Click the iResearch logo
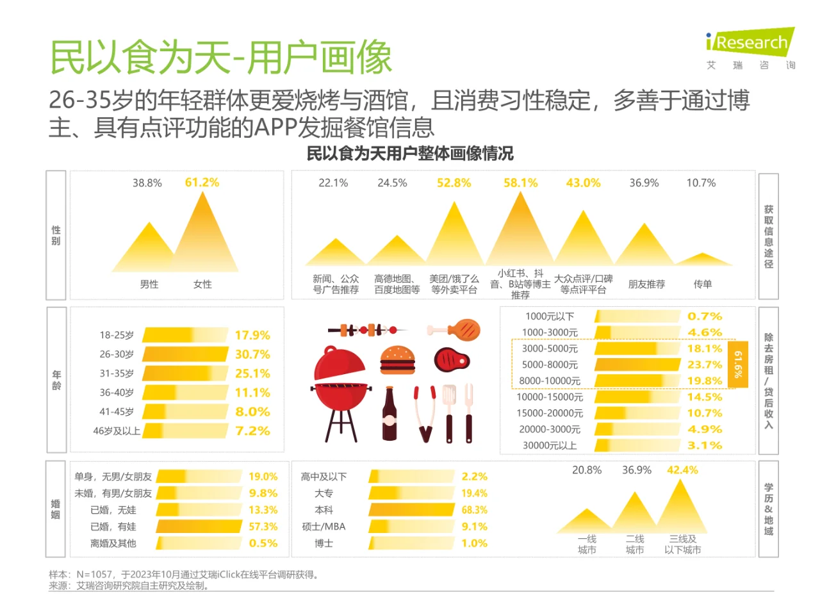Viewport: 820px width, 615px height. (750, 44)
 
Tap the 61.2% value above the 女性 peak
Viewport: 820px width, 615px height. (202, 183)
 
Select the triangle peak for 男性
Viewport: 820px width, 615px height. (149, 250)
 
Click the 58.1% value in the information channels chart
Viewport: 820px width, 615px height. (520, 183)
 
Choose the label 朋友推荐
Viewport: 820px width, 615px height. (646, 284)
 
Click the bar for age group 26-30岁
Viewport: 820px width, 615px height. (185, 354)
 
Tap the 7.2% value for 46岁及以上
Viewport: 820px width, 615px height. (252, 431)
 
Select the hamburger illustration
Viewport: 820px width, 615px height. (397, 360)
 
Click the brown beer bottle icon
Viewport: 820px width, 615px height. (389, 415)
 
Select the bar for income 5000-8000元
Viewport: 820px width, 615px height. (637, 365)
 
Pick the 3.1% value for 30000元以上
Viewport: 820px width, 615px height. (704, 445)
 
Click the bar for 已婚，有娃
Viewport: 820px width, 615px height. (199, 527)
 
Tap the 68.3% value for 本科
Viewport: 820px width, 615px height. (474, 510)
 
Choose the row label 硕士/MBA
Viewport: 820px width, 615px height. (324, 527)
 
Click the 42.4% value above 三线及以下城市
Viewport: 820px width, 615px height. (682, 470)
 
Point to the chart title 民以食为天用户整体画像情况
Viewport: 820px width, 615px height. (410, 154)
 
